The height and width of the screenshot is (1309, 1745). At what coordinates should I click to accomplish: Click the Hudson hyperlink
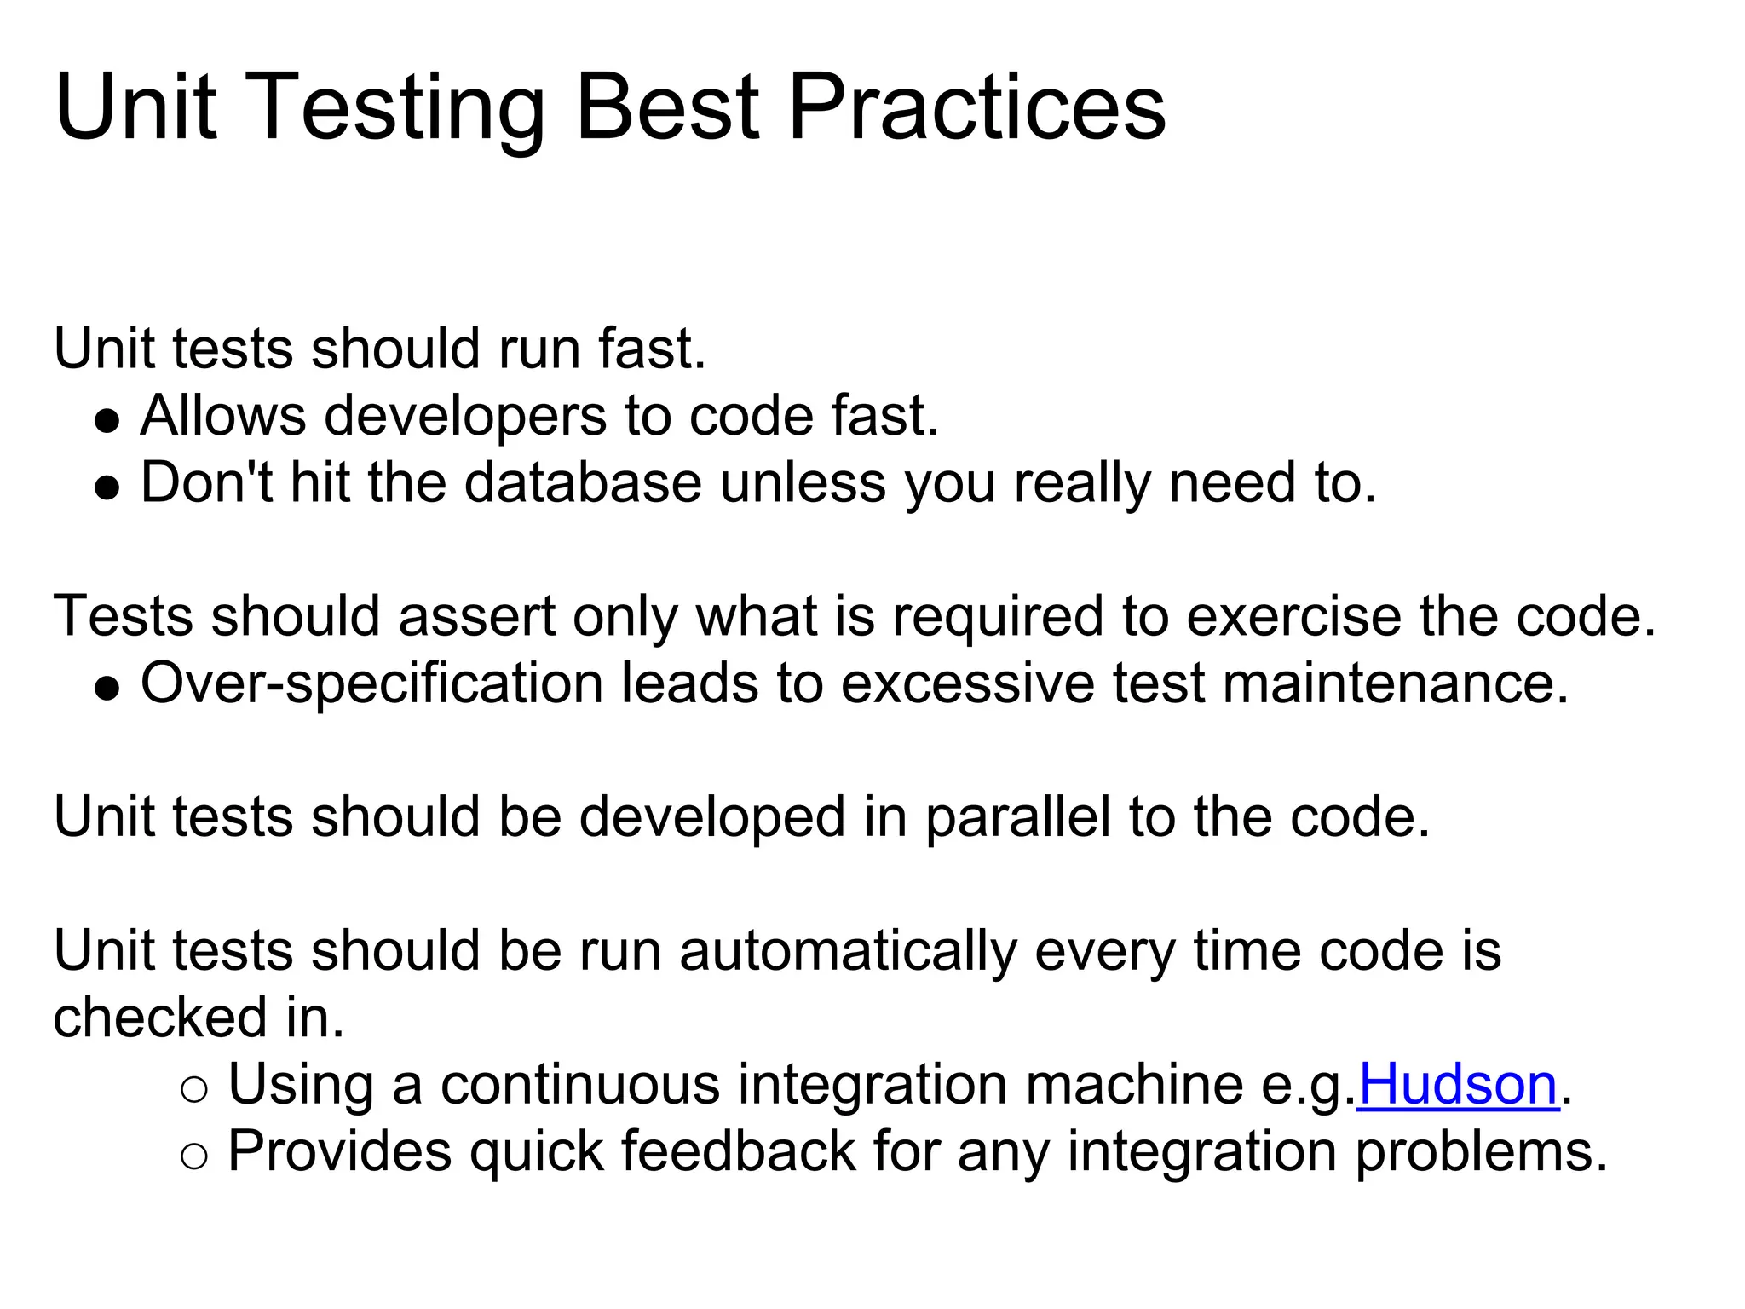[1458, 1085]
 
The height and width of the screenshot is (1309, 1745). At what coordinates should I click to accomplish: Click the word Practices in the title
[976, 108]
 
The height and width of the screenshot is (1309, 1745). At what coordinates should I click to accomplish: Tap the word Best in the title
[667, 108]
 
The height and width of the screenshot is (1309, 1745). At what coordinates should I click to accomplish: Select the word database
[583, 483]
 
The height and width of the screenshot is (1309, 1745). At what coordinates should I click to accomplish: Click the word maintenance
[1395, 684]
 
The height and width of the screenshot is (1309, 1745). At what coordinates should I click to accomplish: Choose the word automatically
[848, 951]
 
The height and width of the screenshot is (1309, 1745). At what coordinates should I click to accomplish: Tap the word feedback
[738, 1151]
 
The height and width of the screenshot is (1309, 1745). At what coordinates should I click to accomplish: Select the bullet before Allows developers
[107, 421]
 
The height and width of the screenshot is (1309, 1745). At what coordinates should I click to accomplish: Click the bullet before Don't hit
[107, 488]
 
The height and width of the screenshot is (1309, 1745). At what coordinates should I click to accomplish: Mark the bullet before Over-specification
[107, 689]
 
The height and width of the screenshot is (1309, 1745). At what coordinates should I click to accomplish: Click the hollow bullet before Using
[194, 1090]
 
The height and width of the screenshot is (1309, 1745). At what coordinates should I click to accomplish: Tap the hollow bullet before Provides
[194, 1156]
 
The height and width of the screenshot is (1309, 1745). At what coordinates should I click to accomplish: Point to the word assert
[476, 617]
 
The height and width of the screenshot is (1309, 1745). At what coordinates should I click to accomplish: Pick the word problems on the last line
[1481, 1151]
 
